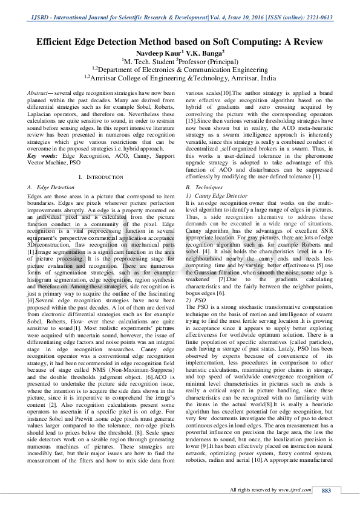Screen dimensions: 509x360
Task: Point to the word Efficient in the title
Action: click(x=61, y=42)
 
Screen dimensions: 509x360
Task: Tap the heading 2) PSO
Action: click(x=197, y=300)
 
